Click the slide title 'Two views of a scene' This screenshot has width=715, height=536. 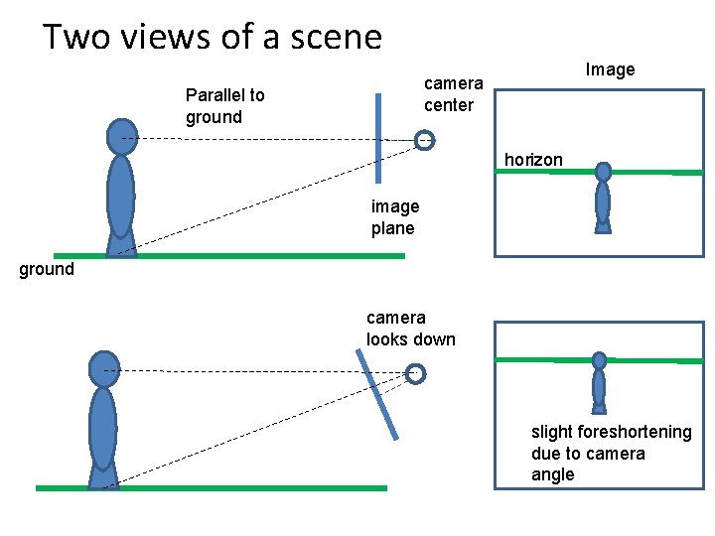[212, 37]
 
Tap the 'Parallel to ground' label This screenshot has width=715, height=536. [225, 106]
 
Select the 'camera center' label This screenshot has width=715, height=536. [453, 94]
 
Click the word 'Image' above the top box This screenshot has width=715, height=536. [610, 69]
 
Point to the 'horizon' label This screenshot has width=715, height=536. [533, 160]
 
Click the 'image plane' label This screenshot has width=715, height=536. [395, 217]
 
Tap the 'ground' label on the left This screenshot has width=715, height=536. [47, 269]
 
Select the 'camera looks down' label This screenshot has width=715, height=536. [410, 329]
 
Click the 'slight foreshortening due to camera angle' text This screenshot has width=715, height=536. [611, 453]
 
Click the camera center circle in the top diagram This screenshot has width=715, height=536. [425, 140]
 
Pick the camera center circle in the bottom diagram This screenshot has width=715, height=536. [415, 373]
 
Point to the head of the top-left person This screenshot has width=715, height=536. [121, 135]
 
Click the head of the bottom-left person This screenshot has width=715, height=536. [103, 369]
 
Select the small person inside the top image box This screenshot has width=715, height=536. [603, 199]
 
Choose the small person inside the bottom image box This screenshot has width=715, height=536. [599, 382]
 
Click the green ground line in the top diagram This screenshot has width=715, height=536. [228, 256]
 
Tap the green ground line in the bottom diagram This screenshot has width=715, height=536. [211, 488]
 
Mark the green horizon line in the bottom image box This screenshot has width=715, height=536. [536, 359]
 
